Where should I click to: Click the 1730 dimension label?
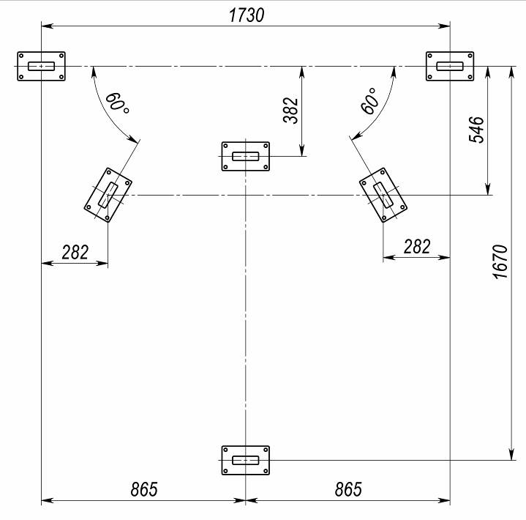point(247,15)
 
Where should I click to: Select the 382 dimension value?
point(290,111)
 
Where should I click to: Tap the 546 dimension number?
point(476,130)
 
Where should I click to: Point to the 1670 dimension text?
point(500,261)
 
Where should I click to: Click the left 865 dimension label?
point(144,489)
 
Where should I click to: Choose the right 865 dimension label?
point(348,489)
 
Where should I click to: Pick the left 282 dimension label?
point(75,252)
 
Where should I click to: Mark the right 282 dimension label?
point(417,247)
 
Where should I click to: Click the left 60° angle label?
point(117,103)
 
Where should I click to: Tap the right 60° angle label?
point(369,101)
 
